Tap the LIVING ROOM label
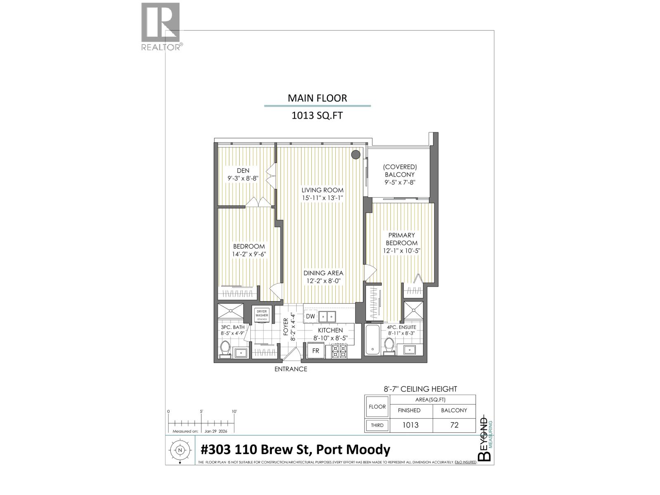tap(322, 190)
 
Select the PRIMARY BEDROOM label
tap(401, 239)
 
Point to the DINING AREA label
tap(323, 273)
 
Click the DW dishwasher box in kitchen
tap(311, 316)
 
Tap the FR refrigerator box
tap(316, 351)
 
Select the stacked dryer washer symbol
tap(262, 316)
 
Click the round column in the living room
tap(356, 155)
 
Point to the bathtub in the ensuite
tap(373, 339)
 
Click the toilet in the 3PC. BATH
tap(225, 348)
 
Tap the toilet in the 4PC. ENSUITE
tap(389, 345)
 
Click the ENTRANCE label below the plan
tap(291, 369)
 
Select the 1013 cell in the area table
tap(410, 425)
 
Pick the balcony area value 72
tap(454, 425)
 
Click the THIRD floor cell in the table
tap(377, 425)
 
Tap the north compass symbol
tap(180, 450)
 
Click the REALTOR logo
tap(161, 27)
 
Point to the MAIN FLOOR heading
tap(317, 98)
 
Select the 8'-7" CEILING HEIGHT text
tap(420, 389)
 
